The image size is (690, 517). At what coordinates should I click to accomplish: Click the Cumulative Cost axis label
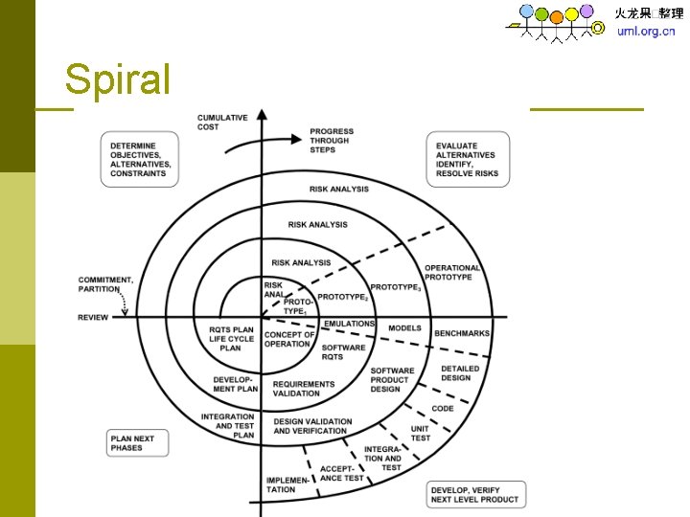coord(222,123)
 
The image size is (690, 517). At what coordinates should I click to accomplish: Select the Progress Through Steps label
coord(332,140)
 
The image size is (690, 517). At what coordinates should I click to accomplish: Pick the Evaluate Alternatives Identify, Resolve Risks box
coord(466,159)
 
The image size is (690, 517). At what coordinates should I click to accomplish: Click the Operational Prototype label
coord(452,273)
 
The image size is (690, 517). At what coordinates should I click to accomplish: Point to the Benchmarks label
coord(462,334)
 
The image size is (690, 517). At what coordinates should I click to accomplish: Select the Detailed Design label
coord(459,373)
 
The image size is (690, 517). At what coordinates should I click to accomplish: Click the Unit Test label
coord(420,434)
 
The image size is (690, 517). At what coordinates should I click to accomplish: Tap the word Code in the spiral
coord(443,409)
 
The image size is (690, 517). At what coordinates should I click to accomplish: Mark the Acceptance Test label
coord(341,473)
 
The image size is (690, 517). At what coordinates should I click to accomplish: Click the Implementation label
coord(281,484)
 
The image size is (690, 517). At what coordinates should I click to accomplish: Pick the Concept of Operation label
coord(287,339)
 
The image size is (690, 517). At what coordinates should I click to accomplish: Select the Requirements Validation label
coord(304,389)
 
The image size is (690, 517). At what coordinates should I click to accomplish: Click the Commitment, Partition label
coord(105,284)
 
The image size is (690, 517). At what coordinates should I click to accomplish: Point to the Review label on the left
coord(94,318)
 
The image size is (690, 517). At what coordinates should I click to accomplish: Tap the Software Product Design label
coord(392,379)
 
